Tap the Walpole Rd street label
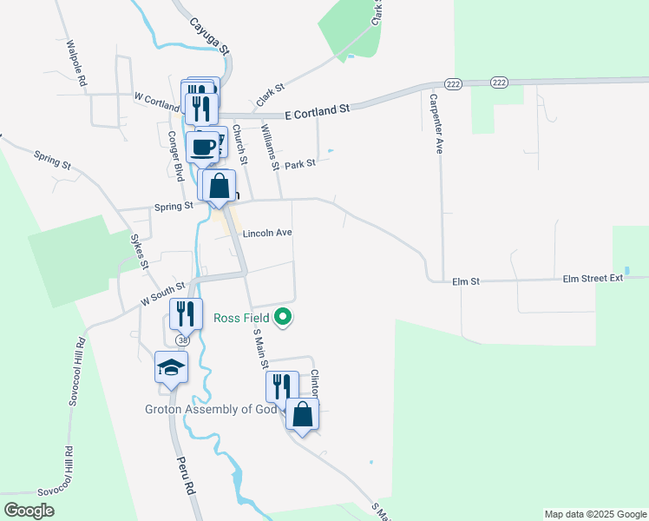(x=75, y=63)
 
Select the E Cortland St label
(x=317, y=110)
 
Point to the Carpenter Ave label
(x=435, y=122)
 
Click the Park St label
(x=299, y=163)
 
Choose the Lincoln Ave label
(x=267, y=234)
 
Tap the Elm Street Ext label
(x=593, y=279)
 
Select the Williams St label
(x=270, y=147)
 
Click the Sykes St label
(x=140, y=250)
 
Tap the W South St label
(x=163, y=293)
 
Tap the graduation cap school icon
(x=172, y=367)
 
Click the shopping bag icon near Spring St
(x=219, y=185)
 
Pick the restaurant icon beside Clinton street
(x=282, y=386)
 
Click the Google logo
(x=29, y=511)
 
